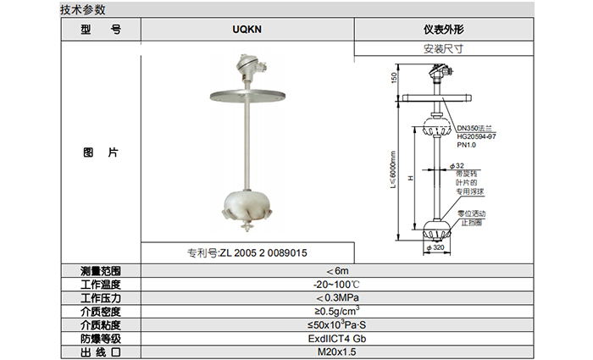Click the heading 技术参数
pyautogui.click(x=82, y=10)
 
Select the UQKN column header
pyautogui.click(x=247, y=28)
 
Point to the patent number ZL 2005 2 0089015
pyautogui.click(x=247, y=252)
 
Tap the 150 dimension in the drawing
pyautogui.click(x=394, y=79)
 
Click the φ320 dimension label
pyautogui.click(x=440, y=249)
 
